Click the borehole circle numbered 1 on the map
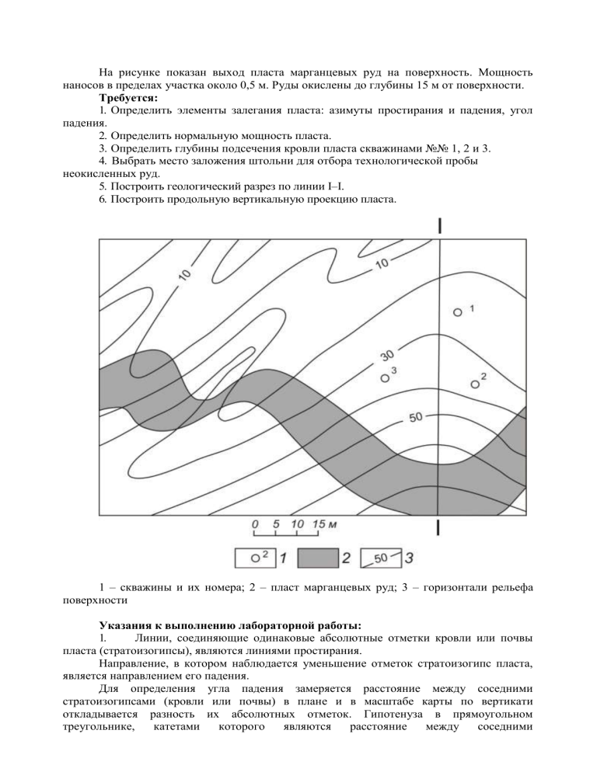click(x=459, y=311)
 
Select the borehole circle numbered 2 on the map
click(x=476, y=383)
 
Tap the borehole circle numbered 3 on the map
click(x=384, y=378)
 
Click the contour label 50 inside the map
click(x=415, y=417)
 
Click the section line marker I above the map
click(x=441, y=225)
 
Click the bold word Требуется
click(x=128, y=99)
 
